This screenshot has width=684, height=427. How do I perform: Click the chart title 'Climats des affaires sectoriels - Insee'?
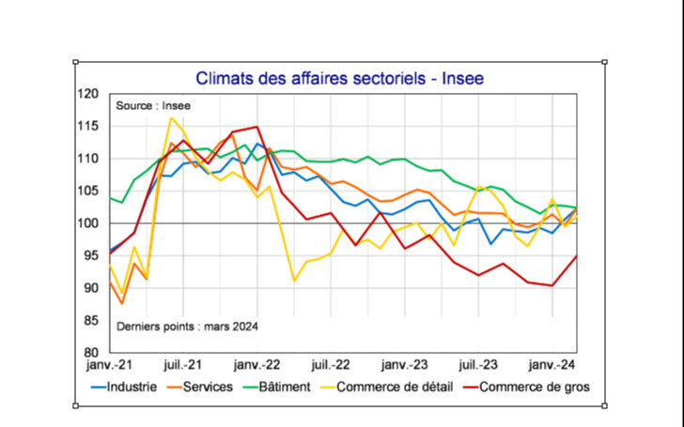pos(339,78)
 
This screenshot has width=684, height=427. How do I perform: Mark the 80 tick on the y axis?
pos(90,353)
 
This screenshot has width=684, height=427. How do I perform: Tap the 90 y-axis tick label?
pos(90,288)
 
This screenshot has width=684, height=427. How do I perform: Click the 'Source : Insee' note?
pos(153,106)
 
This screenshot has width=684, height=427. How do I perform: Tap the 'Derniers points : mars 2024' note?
pos(186,327)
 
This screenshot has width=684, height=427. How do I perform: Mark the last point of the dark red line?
pos(576,256)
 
